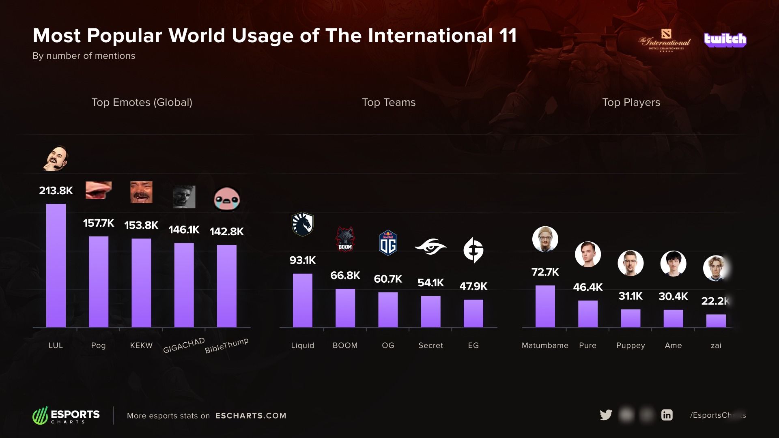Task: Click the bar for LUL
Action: [56, 266]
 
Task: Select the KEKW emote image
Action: [141, 192]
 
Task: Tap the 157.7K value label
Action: [99, 223]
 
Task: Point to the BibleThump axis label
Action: [226, 346]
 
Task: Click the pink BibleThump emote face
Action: [227, 199]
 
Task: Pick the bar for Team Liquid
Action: [303, 301]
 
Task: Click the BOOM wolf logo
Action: [345, 239]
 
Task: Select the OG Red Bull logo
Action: [388, 243]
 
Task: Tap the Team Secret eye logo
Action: [430, 246]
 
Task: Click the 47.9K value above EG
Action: [473, 286]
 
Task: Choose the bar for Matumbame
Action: [545, 306]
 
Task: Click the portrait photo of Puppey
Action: [631, 263]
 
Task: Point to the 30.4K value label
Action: [673, 296]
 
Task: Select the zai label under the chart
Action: [716, 346]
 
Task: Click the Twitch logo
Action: [725, 39]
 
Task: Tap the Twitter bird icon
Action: [606, 415]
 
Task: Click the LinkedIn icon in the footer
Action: [667, 415]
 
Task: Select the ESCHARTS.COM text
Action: [251, 416]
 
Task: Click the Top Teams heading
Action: [389, 102]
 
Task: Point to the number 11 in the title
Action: [508, 36]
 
